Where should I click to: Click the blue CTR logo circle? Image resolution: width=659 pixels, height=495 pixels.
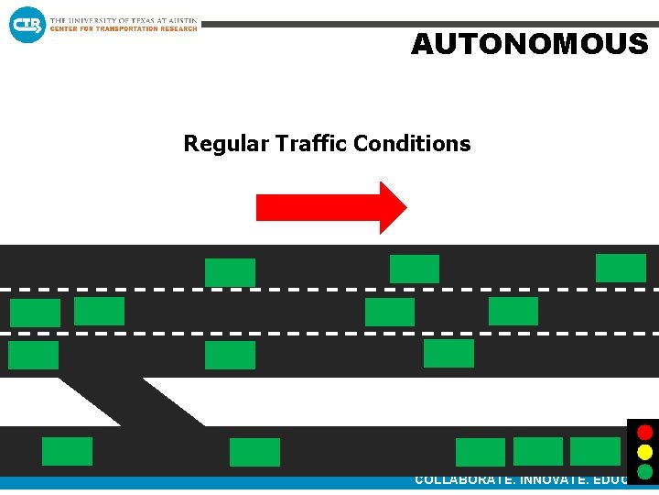[27, 25]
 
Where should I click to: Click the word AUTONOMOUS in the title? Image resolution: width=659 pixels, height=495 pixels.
[529, 44]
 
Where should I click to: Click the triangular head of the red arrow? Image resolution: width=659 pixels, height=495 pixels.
[392, 207]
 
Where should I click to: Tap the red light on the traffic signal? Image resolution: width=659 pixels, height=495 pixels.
[644, 433]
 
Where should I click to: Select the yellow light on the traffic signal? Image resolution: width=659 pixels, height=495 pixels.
[644, 452]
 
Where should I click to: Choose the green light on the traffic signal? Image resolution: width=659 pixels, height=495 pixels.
[644, 472]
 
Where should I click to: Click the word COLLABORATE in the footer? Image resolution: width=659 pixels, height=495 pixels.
[464, 479]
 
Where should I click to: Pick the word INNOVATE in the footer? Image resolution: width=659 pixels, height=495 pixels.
[558, 479]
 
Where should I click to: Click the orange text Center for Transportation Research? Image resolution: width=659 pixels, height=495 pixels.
[123, 28]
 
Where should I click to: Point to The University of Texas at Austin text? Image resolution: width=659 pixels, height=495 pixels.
[123, 19]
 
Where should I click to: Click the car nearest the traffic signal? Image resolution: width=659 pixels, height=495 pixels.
[595, 451]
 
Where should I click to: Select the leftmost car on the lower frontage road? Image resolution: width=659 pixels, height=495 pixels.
[67, 451]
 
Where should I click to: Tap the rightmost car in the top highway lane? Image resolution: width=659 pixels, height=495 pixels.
[621, 268]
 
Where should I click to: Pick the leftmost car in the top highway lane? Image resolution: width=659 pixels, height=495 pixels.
[230, 272]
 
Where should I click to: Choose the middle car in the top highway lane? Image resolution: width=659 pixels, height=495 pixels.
[415, 269]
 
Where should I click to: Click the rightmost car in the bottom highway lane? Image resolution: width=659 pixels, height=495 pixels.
[448, 353]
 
